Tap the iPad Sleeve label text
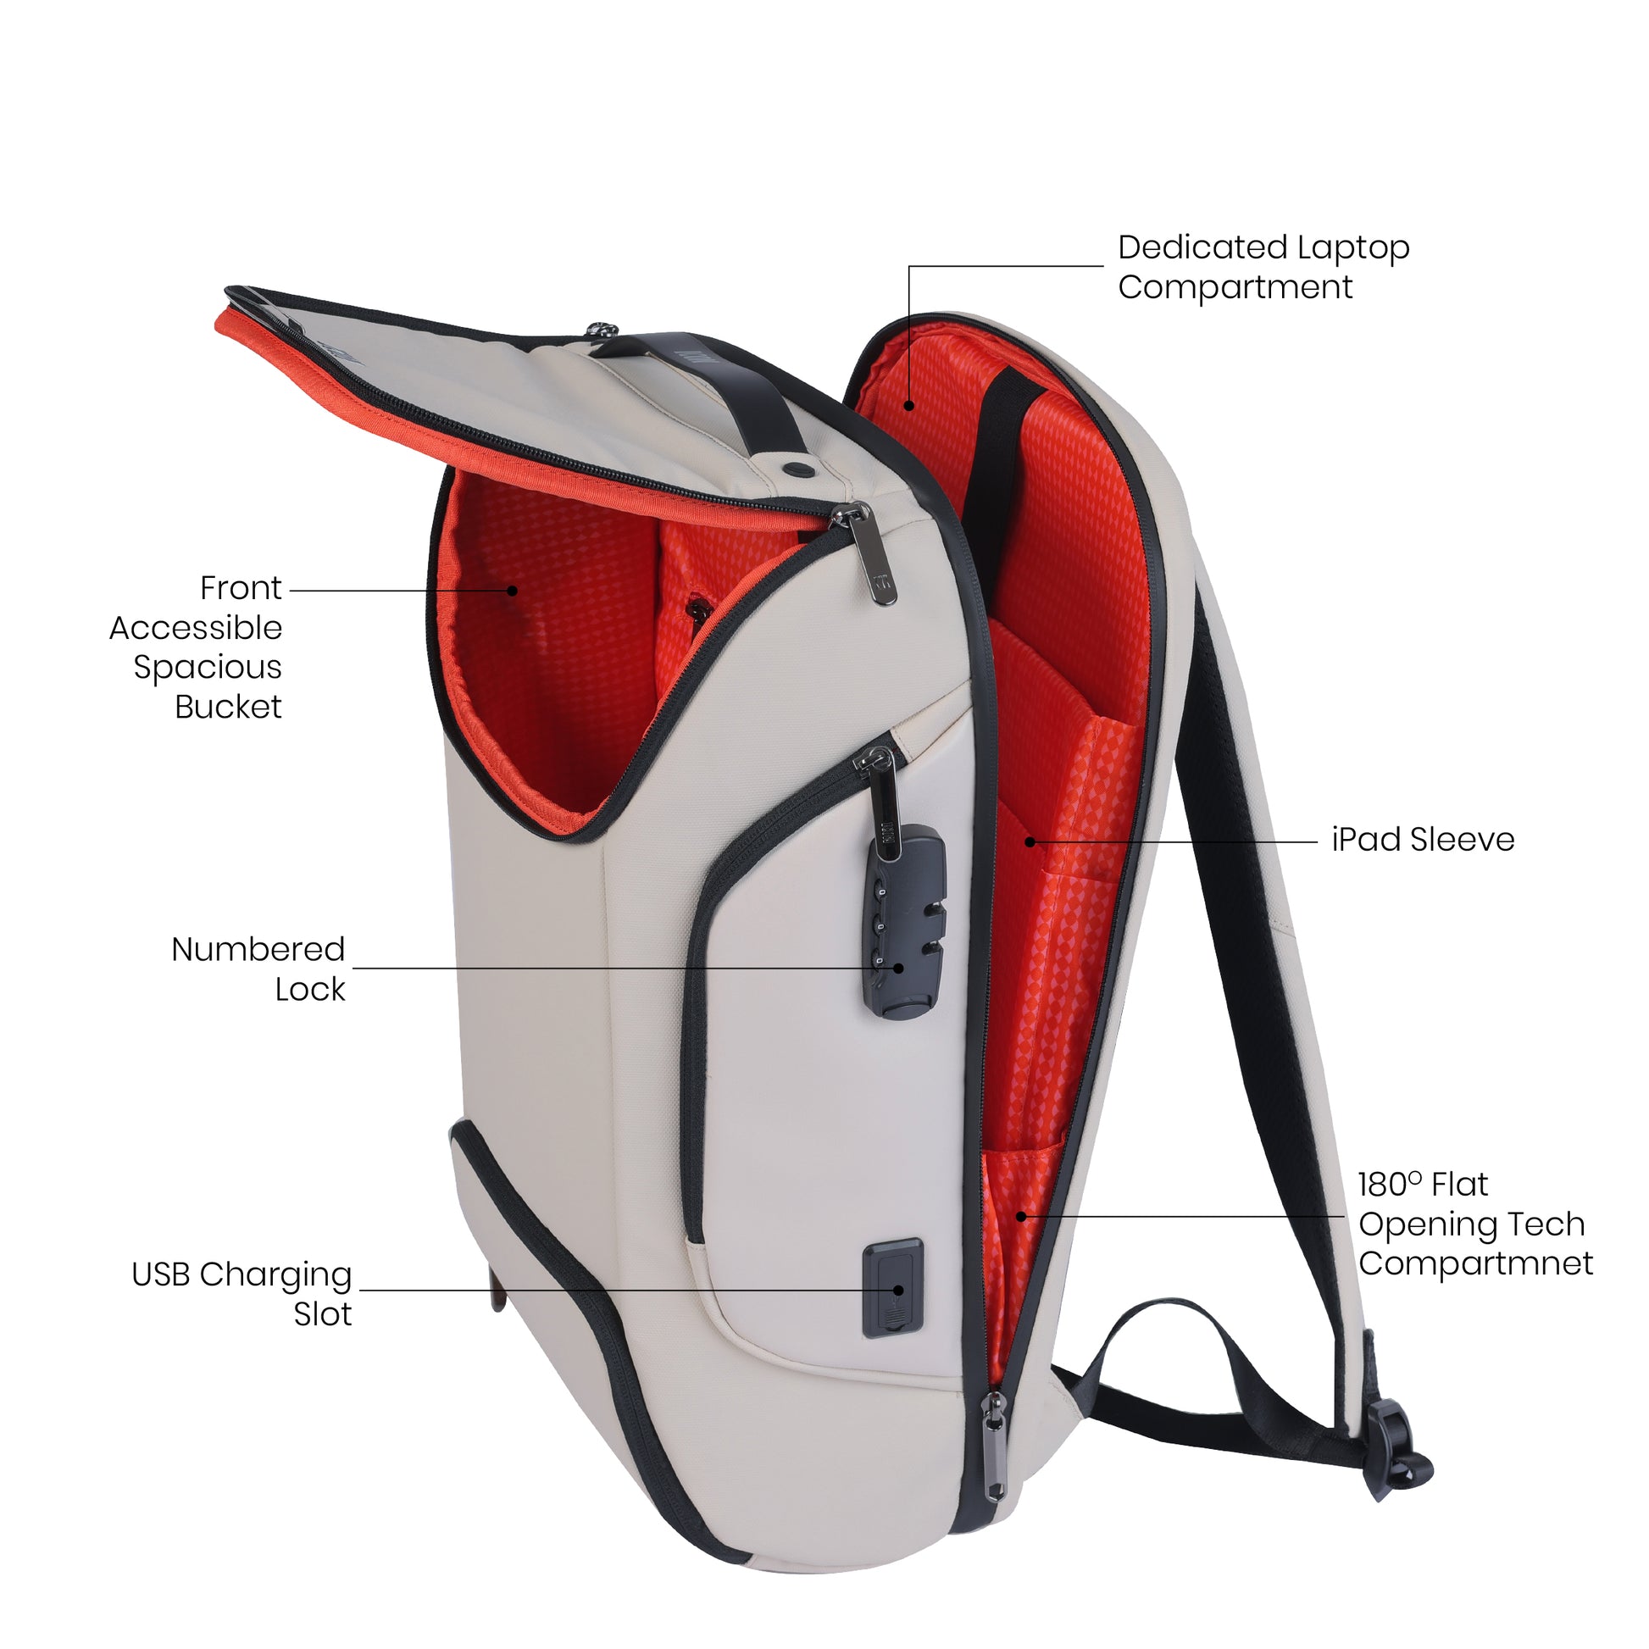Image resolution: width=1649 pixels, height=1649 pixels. click(x=1422, y=840)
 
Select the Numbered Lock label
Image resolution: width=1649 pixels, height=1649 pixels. click(x=259, y=969)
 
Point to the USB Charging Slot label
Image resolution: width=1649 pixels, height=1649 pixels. click(x=242, y=1293)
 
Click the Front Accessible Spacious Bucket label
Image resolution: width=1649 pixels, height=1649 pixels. click(x=197, y=647)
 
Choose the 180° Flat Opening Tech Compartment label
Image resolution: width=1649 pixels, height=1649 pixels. click(x=1474, y=1224)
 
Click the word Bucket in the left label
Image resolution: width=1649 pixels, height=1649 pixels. click(x=228, y=707)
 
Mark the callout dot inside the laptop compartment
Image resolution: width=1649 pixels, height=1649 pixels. click(x=910, y=405)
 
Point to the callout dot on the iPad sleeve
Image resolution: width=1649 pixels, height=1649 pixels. click(x=1030, y=842)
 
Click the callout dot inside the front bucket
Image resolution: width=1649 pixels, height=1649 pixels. click(x=512, y=590)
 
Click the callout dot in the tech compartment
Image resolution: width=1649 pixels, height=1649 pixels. click(x=1022, y=1216)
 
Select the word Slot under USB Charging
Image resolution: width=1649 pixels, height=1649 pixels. click(x=323, y=1314)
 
